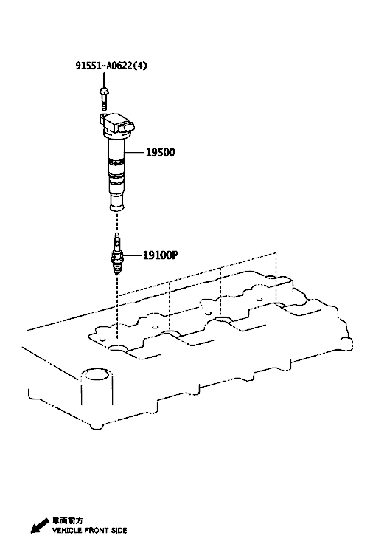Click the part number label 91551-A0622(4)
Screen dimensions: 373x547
pyautogui.click(x=111, y=65)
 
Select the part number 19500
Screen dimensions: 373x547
pyautogui.click(x=160, y=152)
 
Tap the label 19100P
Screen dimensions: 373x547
pyautogui.click(x=160, y=255)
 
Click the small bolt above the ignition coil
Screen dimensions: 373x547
pyautogui.click(x=104, y=99)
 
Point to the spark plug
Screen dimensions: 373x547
pyautogui.click(x=117, y=254)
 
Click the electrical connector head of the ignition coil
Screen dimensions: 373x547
pyautogui.click(x=117, y=125)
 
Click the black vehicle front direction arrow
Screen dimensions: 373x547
pyautogui.click(x=40, y=526)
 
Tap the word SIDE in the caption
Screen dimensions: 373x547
pyautogui.click(x=119, y=531)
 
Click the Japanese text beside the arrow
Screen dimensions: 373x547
pyautogui.click(x=68, y=521)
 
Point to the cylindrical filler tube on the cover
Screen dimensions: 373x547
pyautogui.click(x=97, y=387)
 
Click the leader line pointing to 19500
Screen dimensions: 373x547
pyautogui.click(x=134, y=152)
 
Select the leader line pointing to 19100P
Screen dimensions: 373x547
pyautogui.click(x=132, y=255)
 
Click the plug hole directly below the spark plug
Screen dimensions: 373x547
pyautogui.click(x=117, y=348)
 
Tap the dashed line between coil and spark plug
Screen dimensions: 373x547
pyautogui.click(x=117, y=222)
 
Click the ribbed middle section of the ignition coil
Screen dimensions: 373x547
pyautogui.click(x=116, y=171)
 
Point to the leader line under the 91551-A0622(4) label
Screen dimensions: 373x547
pyautogui.click(x=104, y=79)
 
